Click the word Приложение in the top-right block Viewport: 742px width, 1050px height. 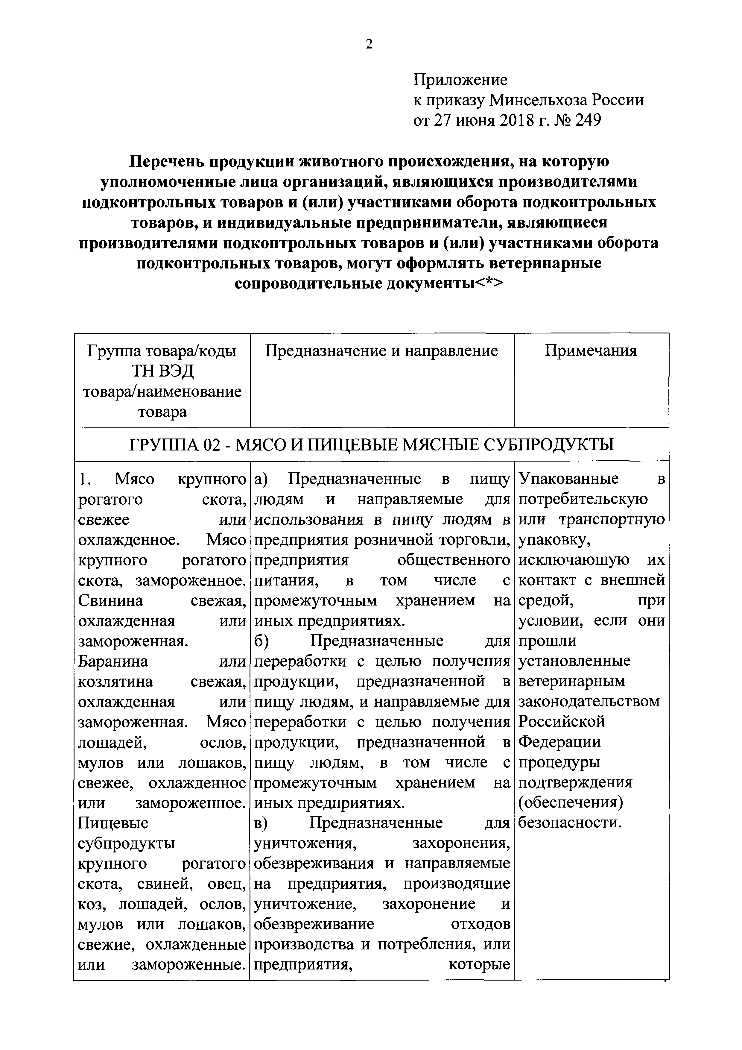click(460, 80)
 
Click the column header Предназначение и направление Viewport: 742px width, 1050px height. click(382, 351)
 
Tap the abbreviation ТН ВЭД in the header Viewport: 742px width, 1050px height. click(162, 371)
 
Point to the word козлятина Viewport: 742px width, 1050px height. click(115, 682)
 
